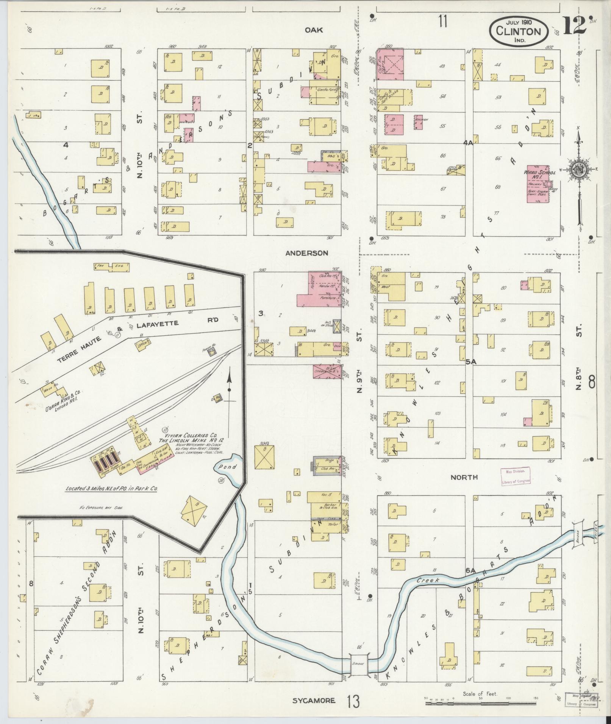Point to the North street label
[x=464, y=478]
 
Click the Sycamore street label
[x=314, y=701]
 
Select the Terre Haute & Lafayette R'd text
[x=125, y=333]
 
